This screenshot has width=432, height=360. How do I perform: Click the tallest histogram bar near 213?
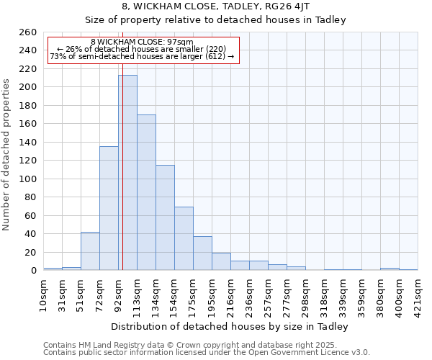[127, 173]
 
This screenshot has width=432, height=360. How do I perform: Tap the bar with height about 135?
[109, 208]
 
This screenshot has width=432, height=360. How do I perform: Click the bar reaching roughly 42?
[90, 251]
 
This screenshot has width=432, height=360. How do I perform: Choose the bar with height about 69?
[184, 238]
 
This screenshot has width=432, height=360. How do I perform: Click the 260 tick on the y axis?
[27, 32]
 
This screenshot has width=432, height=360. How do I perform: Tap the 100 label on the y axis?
[27, 179]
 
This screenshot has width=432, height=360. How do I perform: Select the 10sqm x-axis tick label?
[44, 293]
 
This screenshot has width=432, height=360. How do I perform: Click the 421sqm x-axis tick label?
[418, 293]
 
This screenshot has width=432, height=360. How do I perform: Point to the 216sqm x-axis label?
[231, 293]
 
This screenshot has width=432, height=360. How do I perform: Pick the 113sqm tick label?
[138, 293]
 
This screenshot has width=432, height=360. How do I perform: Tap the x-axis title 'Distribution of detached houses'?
[230, 326]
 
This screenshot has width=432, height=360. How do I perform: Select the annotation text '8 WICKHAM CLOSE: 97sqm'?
[142, 42]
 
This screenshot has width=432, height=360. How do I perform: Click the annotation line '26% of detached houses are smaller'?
[142, 49]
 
